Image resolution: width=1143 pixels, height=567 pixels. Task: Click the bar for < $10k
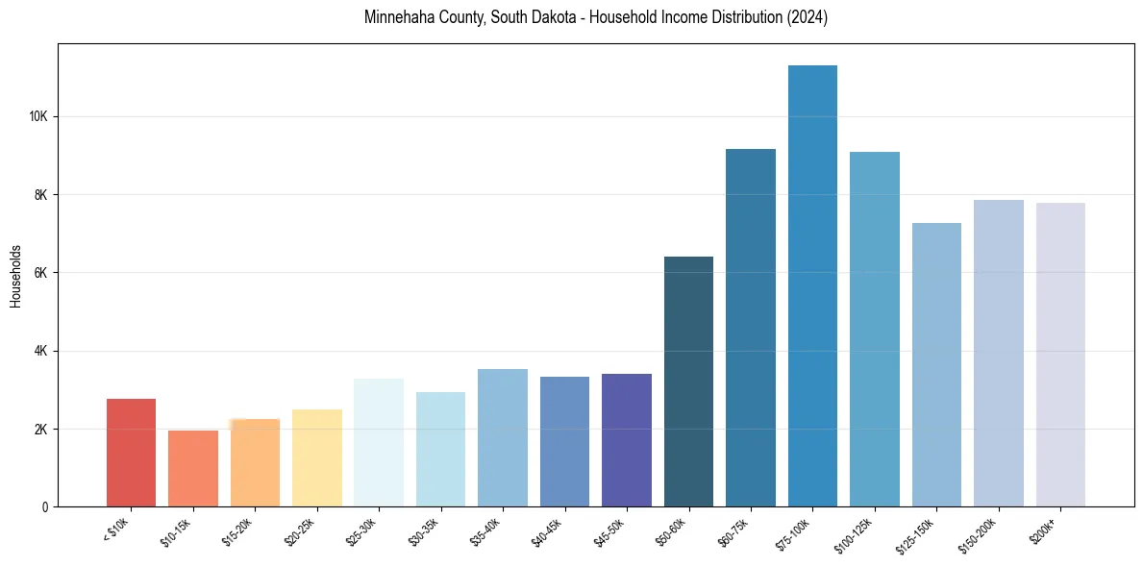pyautogui.click(x=131, y=453)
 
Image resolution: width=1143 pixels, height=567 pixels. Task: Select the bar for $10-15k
pyautogui.click(x=193, y=468)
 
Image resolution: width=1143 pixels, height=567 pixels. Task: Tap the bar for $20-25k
pyautogui.click(x=317, y=458)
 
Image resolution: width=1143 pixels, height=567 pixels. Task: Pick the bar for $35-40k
pyautogui.click(x=503, y=438)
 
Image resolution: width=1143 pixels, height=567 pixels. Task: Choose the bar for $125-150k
pyautogui.click(x=936, y=365)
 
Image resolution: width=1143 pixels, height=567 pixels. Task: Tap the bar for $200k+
pyautogui.click(x=1060, y=355)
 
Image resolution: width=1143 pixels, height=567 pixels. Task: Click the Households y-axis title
pyautogui.click(x=15, y=276)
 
